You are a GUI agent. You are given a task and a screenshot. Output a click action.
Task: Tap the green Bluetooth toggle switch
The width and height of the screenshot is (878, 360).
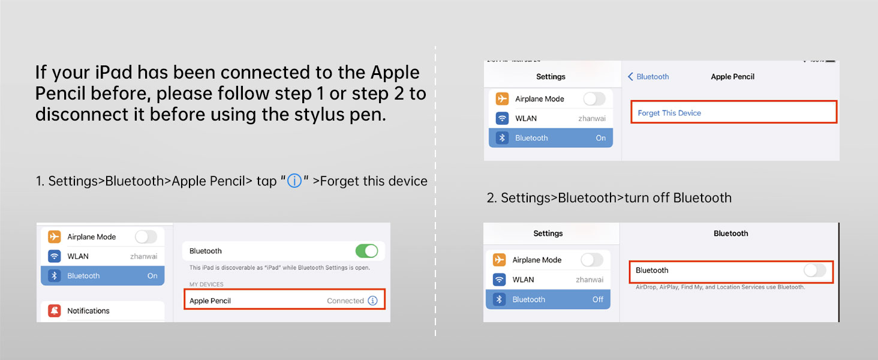(x=366, y=251)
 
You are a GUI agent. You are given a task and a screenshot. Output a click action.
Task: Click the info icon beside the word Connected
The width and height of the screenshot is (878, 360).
(x=373, y=301)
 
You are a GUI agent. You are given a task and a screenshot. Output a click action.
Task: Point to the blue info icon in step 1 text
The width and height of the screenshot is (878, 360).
(x=294, y=181)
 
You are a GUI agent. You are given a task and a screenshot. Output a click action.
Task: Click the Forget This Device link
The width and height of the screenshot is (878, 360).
(x=669, y=113)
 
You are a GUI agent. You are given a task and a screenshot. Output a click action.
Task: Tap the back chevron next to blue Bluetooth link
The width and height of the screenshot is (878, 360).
(x=630, y=76)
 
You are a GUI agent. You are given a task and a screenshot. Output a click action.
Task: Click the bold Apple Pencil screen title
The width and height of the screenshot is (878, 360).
(x=733, y=76)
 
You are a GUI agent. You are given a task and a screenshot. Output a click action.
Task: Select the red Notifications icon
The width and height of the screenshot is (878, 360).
(x=55, y=311)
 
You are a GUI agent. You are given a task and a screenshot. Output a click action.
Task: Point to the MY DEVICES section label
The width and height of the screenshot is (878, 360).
(x=206, y=284)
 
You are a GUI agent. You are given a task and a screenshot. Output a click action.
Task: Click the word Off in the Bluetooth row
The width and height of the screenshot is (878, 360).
(x=598, y=299)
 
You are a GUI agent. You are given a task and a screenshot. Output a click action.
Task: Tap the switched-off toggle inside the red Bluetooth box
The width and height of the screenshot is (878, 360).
(x=815, y=270)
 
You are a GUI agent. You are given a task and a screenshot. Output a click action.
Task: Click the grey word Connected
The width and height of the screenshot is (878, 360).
(x=345, y=301)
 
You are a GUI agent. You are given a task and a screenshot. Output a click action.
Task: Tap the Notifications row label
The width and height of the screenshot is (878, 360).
(x=88, y=311)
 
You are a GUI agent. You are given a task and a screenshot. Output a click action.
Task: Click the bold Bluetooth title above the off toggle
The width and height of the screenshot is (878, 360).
(x=730, y=233)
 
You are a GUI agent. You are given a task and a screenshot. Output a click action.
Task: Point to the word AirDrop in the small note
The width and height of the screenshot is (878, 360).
(x=646, y=287)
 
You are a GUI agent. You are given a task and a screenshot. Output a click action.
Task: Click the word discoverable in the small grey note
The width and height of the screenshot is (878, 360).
(x=234, y=268)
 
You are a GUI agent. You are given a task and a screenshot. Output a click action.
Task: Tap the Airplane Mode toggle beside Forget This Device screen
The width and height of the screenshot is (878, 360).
(x=594, y=99)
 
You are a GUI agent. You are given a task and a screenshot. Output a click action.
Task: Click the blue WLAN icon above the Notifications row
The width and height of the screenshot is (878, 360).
(x=55, y=256)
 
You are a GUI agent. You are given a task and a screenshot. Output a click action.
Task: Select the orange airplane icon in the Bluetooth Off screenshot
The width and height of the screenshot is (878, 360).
(x=499, y=260)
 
